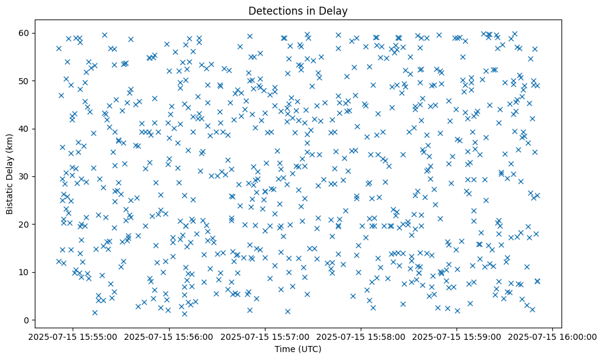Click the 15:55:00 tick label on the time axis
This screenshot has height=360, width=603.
coord(73,337)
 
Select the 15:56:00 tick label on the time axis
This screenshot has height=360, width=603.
coord(168,337)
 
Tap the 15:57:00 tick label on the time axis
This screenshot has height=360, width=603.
coord(265,337)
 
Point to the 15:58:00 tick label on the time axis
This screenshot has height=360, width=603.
coord(361,337)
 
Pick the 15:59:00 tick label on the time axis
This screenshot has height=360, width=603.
coord(457,337)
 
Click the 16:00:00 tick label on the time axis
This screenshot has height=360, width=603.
coord(552,337)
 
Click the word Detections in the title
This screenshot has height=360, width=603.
coord(273,10)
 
